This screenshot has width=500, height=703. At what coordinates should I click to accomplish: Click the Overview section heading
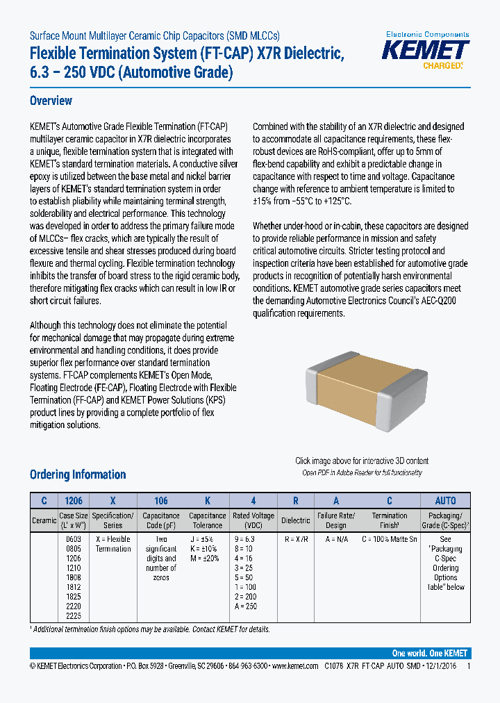point(51,101)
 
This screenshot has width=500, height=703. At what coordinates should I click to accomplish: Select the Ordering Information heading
point(78,474)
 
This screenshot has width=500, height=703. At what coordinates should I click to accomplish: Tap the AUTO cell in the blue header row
point(445,501)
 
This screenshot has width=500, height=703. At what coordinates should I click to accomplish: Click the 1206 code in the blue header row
point(73,501)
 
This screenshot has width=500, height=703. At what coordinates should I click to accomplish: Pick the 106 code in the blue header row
point(160,501)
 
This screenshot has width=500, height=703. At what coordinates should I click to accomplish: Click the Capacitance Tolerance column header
point(207,520)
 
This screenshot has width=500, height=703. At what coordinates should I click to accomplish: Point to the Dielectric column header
point(296,520)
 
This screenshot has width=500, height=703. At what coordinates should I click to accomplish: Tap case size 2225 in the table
point(73,616)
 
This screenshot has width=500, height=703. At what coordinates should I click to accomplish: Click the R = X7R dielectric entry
point(296,539)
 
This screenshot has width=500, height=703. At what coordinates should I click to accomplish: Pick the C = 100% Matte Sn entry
point(390,539)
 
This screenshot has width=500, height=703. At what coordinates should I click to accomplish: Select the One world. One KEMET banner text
point(429,653)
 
